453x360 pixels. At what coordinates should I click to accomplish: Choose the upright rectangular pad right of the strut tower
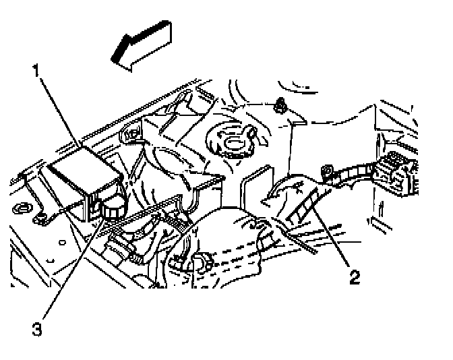[257, 185]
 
